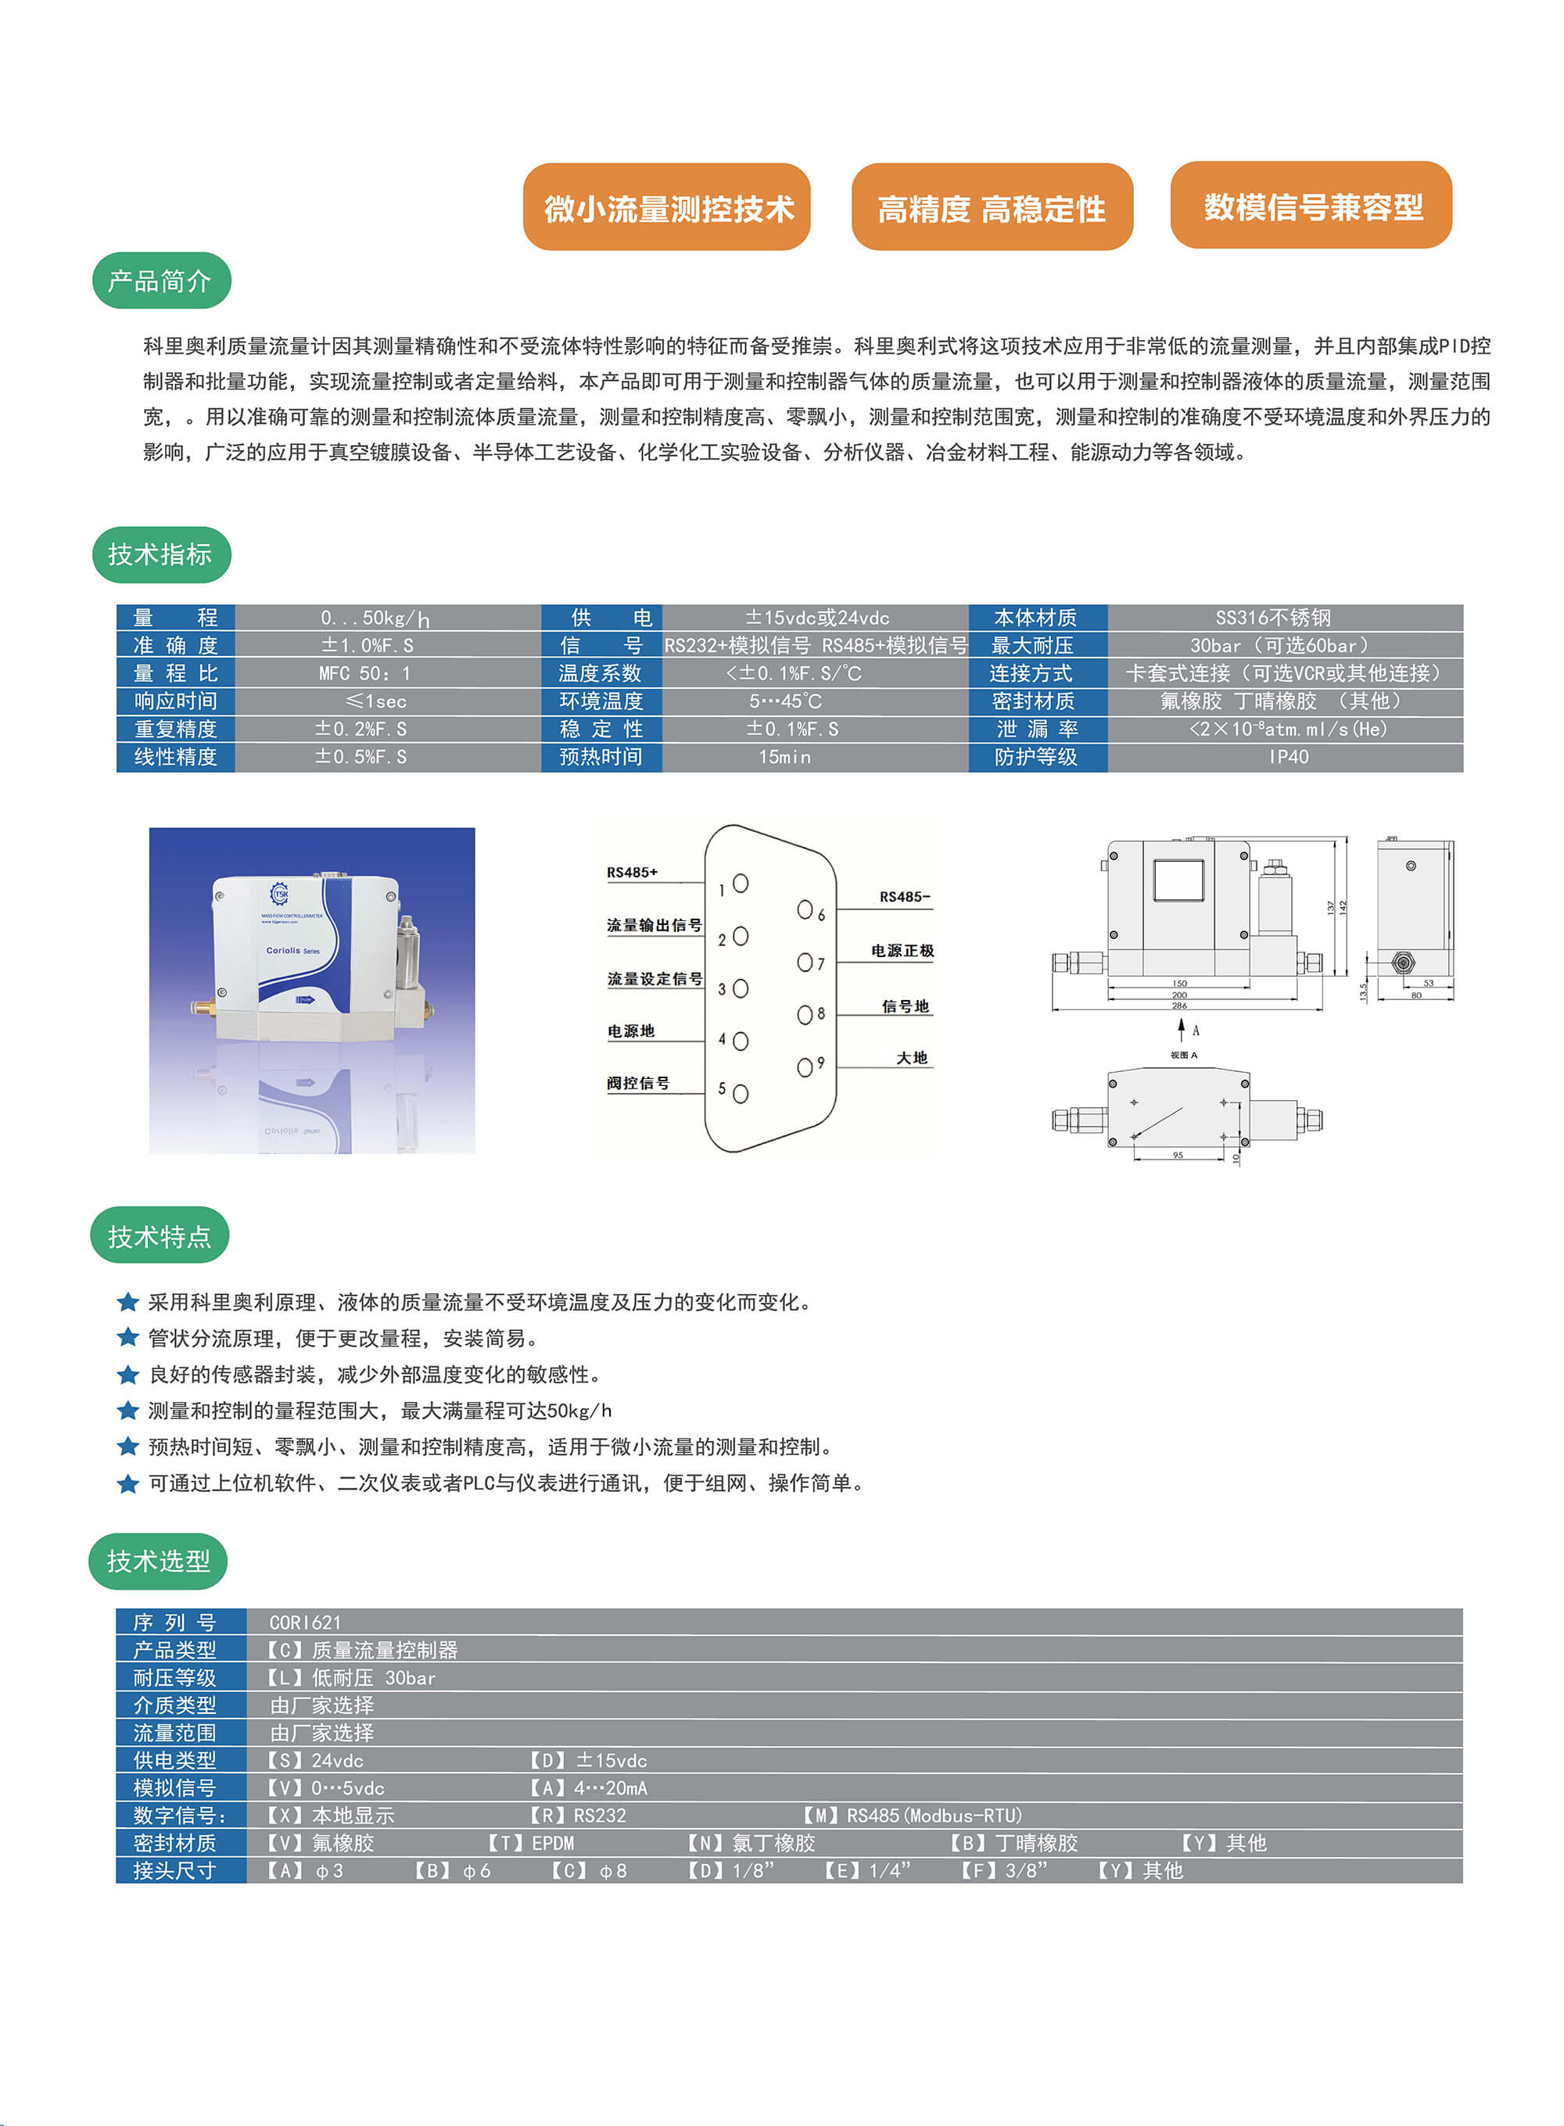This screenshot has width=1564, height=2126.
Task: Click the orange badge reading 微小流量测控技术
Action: click(666, 207)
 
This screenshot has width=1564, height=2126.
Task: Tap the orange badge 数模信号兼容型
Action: click(1311, 206)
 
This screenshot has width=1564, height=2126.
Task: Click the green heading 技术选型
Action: click(158, 1561)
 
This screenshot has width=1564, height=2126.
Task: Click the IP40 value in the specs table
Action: click(1287, 756)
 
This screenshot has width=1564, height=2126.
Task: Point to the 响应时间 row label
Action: click(175, 701)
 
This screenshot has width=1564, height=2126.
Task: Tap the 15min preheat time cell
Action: click(784, 756)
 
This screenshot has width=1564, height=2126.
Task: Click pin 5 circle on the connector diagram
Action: click(741, 1093)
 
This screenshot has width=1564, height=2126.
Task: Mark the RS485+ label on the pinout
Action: click(632, 872)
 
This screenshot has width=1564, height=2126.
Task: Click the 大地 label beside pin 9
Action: click(911, 1057)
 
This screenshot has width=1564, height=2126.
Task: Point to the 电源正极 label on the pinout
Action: click(902, 950)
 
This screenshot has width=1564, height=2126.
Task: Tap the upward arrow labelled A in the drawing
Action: click(1181, 1029)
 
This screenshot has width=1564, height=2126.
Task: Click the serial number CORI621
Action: click(305, 1622)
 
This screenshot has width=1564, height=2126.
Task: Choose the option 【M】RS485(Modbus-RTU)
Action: click(912, 1816)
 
